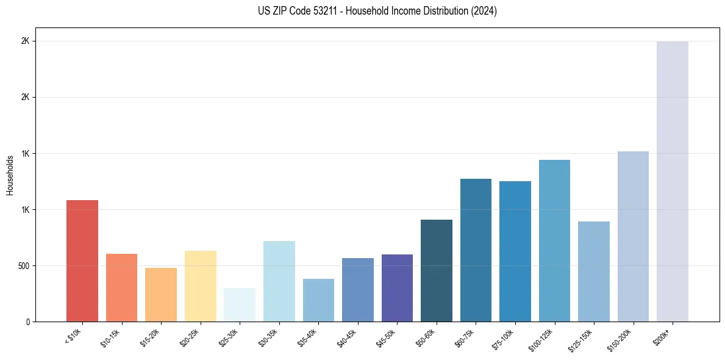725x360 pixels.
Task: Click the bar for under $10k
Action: (82, 261)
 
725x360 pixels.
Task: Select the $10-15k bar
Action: (121, 287)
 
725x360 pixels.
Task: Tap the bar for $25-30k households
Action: (240, 304)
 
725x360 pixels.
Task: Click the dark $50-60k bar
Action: (437, 270)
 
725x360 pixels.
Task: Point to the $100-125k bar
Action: (554, 240)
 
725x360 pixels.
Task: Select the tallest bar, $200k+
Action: (673, 181)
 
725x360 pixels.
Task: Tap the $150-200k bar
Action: (633, 236)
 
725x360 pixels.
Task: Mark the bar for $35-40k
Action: (318, 300)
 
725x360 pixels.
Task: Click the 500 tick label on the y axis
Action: (23, 266)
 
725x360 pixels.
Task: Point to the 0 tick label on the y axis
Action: (27, 322)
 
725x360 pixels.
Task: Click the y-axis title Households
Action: (10, 175)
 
